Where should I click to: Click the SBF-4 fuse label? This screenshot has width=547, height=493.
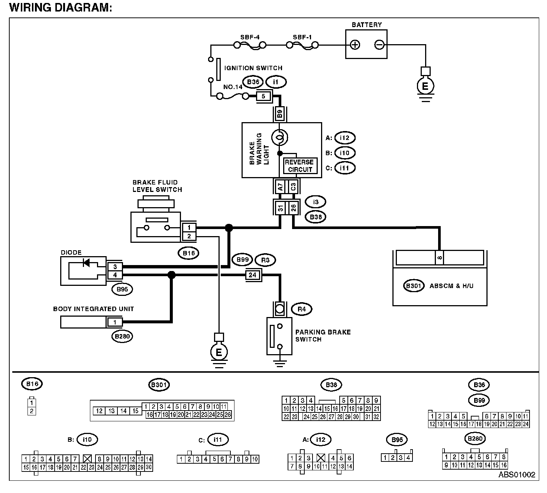tap(250, 37)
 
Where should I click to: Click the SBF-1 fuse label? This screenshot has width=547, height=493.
tap(302, 37)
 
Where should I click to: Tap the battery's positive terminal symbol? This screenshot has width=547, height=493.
tap(355, 45)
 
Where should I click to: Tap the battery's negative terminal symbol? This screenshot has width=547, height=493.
tap(379, 45)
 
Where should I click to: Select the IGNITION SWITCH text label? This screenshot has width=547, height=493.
tap(253, 68)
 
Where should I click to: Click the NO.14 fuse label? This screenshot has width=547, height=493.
tap(233, 87)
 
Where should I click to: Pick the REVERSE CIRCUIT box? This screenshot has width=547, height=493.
tap(300, 166)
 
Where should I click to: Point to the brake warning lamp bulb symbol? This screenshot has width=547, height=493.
tap(279, 138)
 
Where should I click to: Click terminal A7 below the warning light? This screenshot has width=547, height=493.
tap(280, 186)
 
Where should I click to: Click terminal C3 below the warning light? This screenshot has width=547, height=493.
tap(293, 186)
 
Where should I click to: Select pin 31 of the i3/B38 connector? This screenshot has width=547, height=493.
tap(280, 208)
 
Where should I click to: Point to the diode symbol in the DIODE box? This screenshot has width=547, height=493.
tap(86, 263)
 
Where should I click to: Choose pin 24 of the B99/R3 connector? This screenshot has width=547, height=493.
tap(253, 275)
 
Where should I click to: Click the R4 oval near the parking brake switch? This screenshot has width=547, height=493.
tap(302, 309)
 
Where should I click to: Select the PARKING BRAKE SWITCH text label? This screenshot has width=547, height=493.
tap(323, 336)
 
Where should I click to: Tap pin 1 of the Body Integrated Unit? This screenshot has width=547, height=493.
tap(115, 322)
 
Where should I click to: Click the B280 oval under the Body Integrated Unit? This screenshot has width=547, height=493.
tap(122, 336)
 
